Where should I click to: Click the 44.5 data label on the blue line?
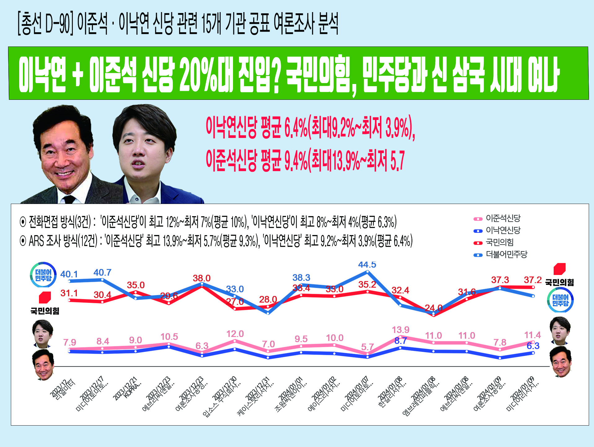(x=367, y=265)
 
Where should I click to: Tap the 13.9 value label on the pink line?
(x=400, y=330)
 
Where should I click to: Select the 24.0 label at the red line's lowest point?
(x=433, y=308)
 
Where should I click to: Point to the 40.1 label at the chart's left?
(x=69, y=274)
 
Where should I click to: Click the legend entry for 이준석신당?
(x=503, y=219)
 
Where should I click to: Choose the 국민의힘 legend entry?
(x=499, y=242)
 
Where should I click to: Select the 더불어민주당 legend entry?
(x=506, y=254)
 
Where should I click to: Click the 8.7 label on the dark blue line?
(x=400, y=341)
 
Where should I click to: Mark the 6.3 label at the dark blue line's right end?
(x=533, y=346)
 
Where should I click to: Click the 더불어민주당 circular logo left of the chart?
(x=43, y=275)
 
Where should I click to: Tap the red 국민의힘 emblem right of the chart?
(x=560, y=269)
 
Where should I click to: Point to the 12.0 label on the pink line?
(x=235, y=334)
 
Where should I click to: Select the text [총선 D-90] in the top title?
(x=45, y=24)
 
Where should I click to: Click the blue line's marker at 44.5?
(x=367, y=272)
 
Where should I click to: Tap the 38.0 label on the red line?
(x=201, y=278)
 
